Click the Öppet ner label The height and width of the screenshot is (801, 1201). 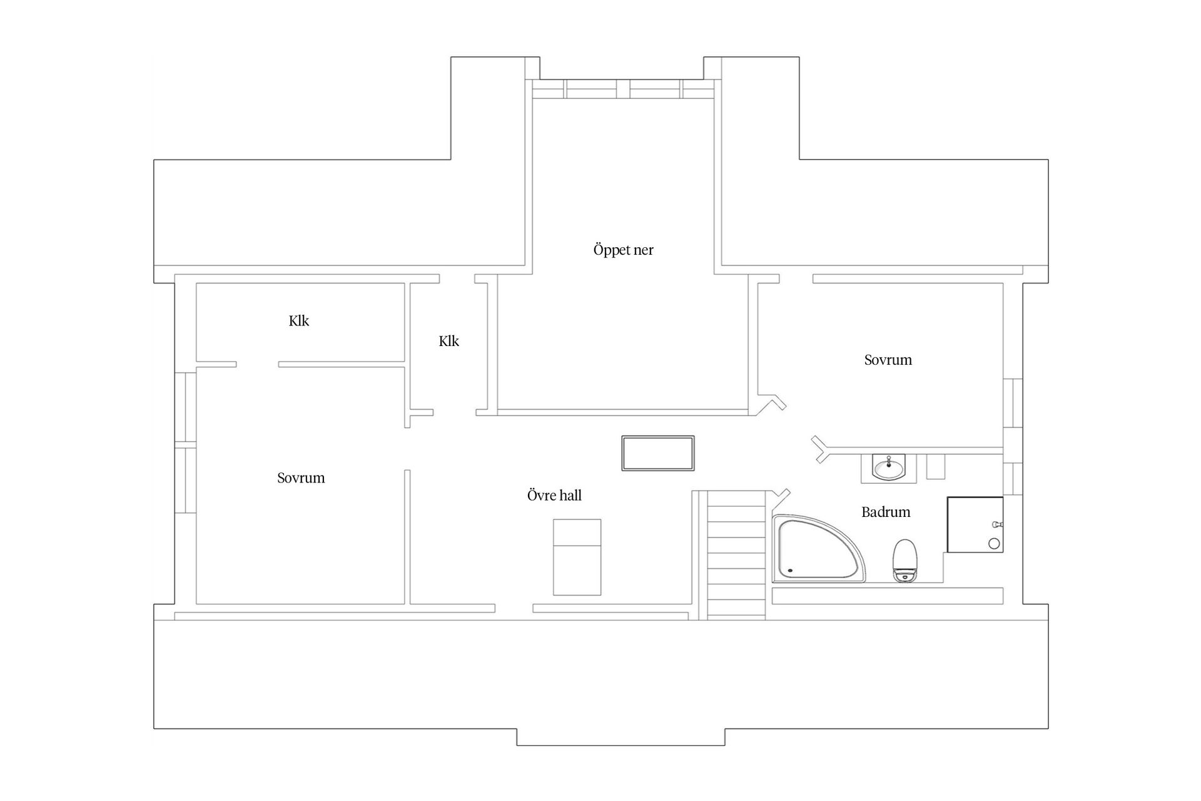[623, 250]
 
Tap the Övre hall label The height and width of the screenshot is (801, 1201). [554, 496]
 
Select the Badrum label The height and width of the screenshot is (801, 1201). [886, 512]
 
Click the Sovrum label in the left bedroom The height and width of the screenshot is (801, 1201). [301, 478]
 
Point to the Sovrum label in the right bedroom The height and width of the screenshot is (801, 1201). [888, 360]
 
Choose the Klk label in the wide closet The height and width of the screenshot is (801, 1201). [299, 321]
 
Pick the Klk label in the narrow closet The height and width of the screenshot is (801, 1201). [449, 341]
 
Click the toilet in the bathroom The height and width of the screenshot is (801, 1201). [904, 560]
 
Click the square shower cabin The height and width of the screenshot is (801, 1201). [975, 524]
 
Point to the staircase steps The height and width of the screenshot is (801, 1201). [736, 555]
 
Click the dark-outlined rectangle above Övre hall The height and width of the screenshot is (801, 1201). [658, 453]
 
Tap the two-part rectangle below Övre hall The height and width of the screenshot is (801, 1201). [577, 557]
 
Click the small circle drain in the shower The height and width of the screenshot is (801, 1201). [994, 544]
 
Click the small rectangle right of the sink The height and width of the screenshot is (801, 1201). [935, 467]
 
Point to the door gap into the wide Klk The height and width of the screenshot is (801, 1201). [257, 364]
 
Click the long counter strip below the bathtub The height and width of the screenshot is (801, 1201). [888, 596]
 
